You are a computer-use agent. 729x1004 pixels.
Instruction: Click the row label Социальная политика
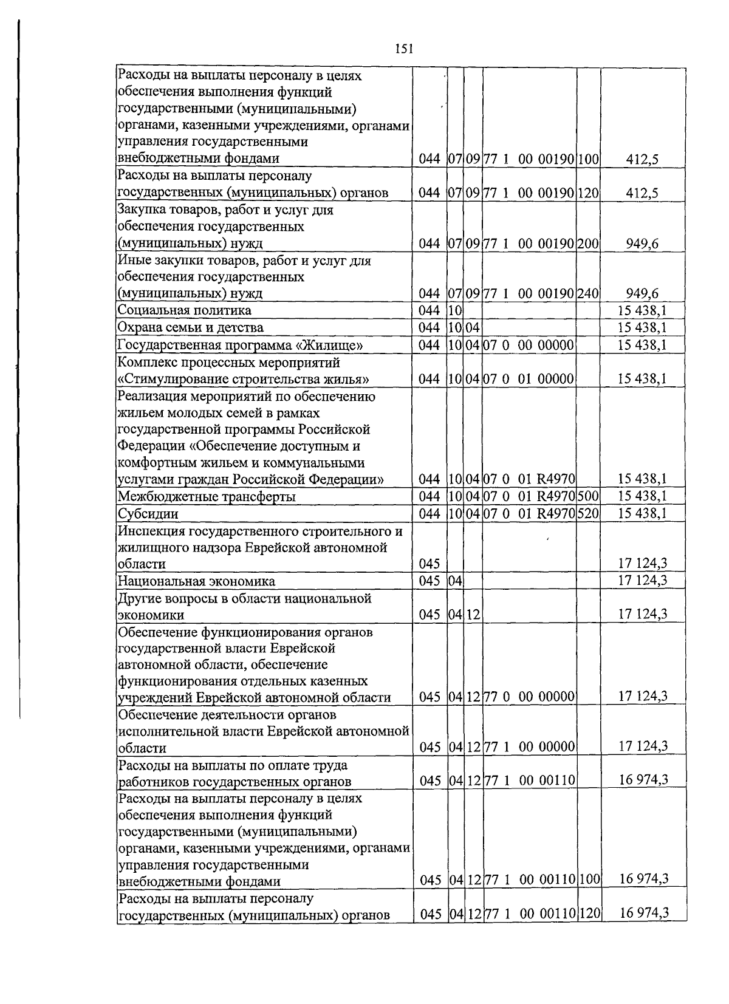184,310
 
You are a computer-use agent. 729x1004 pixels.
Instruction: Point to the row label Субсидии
148,514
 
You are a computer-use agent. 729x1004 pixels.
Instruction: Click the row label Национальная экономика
196,581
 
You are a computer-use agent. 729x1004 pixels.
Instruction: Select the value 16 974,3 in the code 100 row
643,879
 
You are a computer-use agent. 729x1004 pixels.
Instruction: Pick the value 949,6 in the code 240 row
643,294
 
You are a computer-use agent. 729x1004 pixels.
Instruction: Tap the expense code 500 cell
588,497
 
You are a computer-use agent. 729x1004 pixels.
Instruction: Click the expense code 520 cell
588,514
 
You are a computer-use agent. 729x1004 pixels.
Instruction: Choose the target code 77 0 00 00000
529,697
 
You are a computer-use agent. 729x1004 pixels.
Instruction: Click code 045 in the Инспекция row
430,565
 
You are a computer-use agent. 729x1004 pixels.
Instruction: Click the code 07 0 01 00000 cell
529,380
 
